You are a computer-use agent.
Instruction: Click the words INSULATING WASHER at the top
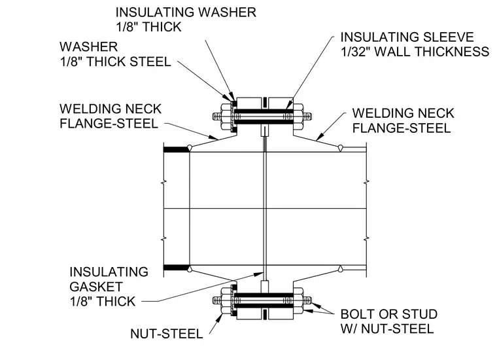[186, 12]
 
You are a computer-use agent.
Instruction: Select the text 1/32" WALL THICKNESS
[415, 52]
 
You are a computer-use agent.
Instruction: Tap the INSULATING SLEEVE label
[407, 37]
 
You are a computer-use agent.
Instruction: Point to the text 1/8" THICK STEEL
[115, 62]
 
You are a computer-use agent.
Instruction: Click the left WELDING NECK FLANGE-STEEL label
[111, 116]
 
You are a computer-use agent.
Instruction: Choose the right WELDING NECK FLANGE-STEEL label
[403, 120]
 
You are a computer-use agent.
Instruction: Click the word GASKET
[95, 287]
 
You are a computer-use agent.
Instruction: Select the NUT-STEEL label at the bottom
[166, 334]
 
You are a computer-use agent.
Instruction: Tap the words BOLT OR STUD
[389, 314]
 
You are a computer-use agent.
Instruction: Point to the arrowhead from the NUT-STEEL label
[218, 318]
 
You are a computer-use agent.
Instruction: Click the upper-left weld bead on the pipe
[190, 148]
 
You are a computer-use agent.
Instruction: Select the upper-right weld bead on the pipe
[341, 148]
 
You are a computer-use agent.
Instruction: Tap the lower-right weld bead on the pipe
[341, 269]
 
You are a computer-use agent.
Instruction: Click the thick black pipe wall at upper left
[176, 149]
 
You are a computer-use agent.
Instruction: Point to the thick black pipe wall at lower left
[176, 268]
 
